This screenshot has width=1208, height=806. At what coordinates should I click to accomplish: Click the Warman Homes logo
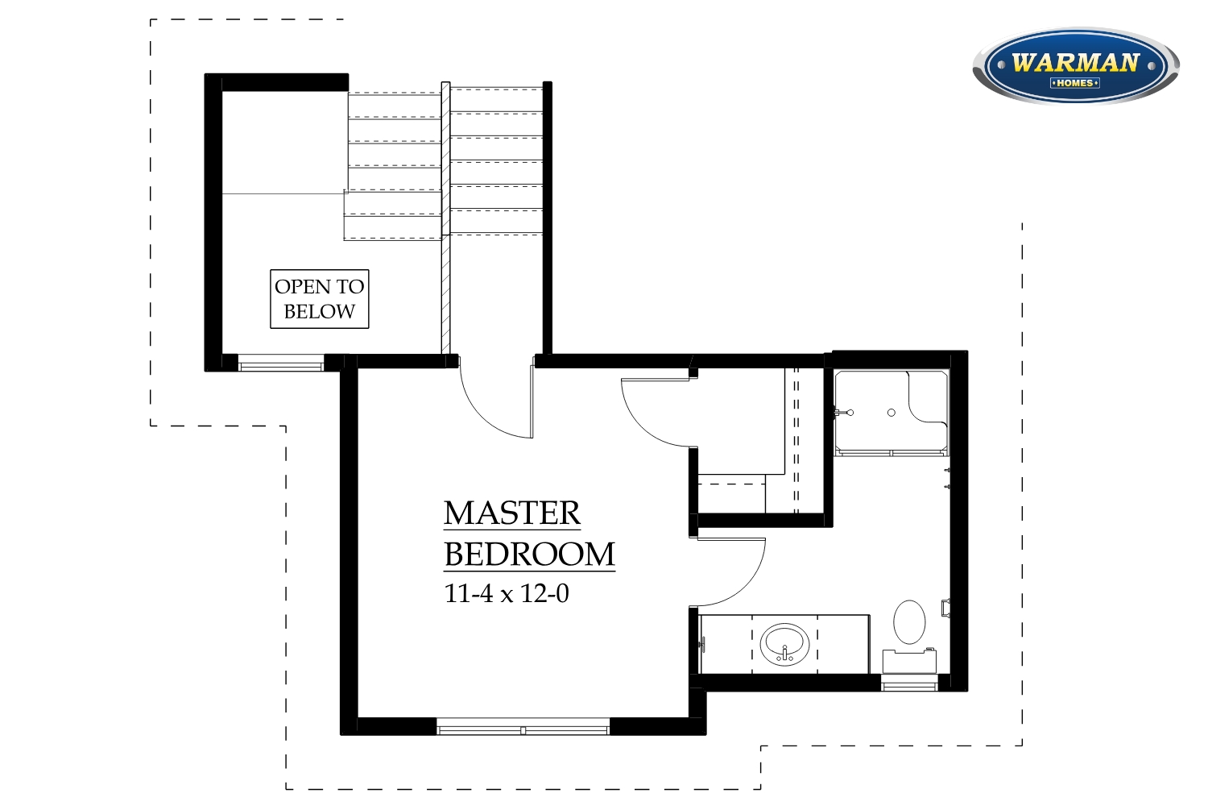(1075, 65)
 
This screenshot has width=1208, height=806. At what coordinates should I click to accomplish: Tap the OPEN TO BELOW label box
(319, 299)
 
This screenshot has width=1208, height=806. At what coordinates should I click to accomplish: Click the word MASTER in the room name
(511, 513)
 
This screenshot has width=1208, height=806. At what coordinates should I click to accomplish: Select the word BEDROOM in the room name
(529, 555)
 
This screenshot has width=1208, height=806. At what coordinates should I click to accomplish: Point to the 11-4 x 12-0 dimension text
(507, 593)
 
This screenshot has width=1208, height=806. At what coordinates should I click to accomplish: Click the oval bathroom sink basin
(784, 645)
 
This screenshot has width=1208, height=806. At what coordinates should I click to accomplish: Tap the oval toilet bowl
(909, 622)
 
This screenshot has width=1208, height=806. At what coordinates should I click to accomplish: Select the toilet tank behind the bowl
(909, 661)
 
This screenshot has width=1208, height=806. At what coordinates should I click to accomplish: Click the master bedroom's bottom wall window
(523, 727)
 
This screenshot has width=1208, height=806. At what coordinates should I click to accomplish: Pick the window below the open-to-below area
(281, 363)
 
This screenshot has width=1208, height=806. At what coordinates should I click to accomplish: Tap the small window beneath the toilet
(909, 683)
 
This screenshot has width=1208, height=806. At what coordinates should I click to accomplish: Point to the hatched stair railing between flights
(445, 218)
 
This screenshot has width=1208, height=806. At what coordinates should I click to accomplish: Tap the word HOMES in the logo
(1075, 83)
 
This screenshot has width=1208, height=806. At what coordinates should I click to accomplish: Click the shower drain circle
(892, 413)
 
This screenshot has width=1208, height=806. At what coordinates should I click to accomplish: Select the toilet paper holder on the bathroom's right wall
(945, 608)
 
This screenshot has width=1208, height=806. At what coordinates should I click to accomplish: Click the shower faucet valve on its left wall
(844, 413)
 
